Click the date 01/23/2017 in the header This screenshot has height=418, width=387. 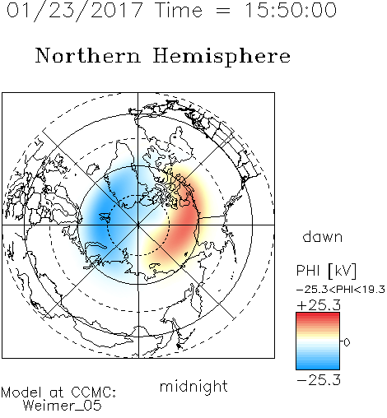tap(74, 11)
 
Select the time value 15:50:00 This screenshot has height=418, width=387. tap(291, 11)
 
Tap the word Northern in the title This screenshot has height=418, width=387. tap(88, 55)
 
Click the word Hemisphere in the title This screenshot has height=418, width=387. tap(221, 57)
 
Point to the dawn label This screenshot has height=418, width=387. tap(323, 236)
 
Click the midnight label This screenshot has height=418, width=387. tap(193, 386)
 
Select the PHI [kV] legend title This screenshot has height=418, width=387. tap(326, 271)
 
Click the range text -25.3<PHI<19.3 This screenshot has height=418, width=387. tap(341, 290)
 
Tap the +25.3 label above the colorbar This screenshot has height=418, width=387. tap(319, 305)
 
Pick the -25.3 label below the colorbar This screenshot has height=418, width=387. tap(319, 380)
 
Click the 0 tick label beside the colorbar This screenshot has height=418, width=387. tap(347, 342)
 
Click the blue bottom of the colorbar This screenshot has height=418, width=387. tap(318, 364)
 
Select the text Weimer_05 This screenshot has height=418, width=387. tap(62, 406)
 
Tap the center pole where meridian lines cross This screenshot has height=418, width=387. tap(138, 225)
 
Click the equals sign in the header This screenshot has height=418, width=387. tap(223, 11)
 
